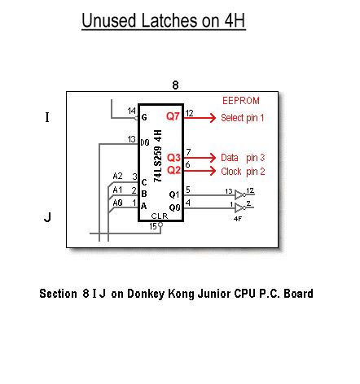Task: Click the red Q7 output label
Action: coord(173,116)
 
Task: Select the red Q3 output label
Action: coord(173,158)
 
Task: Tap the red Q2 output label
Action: coord(173,170)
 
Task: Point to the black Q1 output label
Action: coord(174,194)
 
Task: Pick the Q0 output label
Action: coord(174,207)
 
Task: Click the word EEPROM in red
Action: coord(241,101)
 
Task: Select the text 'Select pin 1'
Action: coord(242,118)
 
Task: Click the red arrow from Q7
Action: coord(200,118)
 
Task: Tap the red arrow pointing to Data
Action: coord(200,158)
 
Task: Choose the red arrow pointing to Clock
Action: coord(200,171)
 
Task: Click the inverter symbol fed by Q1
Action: coord(240,194)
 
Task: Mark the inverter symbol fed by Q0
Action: coord(240,207)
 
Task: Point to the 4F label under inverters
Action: coord(238,219)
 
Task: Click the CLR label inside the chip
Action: coord(160,216)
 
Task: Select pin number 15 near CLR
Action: coord(153,226)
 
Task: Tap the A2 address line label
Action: coord(117,177)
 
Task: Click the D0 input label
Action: coord(145,142)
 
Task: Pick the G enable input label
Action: coord(144,117)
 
